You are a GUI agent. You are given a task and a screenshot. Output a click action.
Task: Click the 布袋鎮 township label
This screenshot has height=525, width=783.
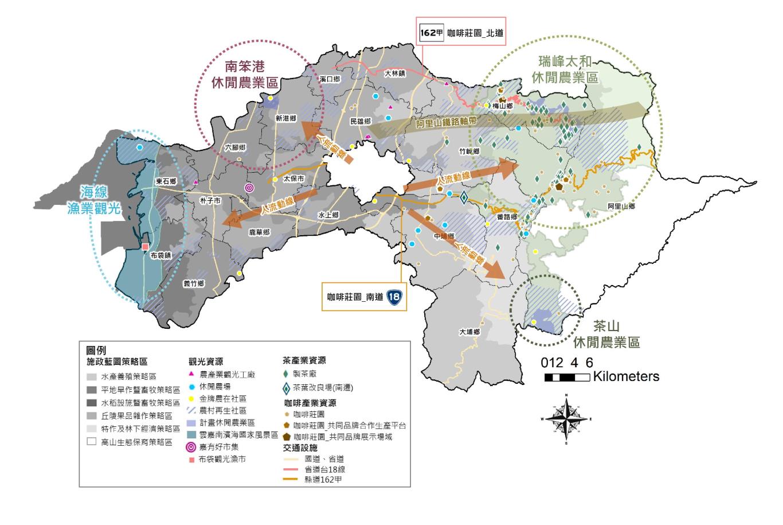[x=160, y=255]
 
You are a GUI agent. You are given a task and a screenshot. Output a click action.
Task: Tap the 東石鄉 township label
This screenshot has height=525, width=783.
[x=166, y=181]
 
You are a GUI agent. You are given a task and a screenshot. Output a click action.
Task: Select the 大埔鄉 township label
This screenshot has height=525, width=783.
[x=469, y=332]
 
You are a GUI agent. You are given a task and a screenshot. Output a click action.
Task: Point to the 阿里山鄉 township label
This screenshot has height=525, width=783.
[x=621, y=206]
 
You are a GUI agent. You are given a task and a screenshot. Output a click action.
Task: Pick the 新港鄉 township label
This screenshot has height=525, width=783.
[x=285, y=118]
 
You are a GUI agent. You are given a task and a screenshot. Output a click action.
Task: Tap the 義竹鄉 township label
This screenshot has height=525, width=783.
[x=194, y=283]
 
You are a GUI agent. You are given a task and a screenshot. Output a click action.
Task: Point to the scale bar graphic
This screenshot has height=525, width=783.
[x=567, y=377]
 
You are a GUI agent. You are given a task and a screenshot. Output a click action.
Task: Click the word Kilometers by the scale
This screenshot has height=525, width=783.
[x=627, y=377]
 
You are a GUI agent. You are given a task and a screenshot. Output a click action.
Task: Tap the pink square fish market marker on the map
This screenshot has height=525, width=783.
[x=145, y=247]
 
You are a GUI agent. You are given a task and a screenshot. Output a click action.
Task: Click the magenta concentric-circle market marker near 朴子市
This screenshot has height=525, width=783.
[x=249, y=188]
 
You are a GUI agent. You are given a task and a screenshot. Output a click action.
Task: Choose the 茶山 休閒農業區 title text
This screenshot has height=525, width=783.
[x=606, y=335]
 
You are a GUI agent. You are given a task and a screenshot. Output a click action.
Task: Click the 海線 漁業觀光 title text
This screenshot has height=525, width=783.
[x=101, y=200]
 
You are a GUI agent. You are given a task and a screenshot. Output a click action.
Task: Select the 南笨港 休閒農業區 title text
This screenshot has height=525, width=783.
[x=244, y=74]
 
